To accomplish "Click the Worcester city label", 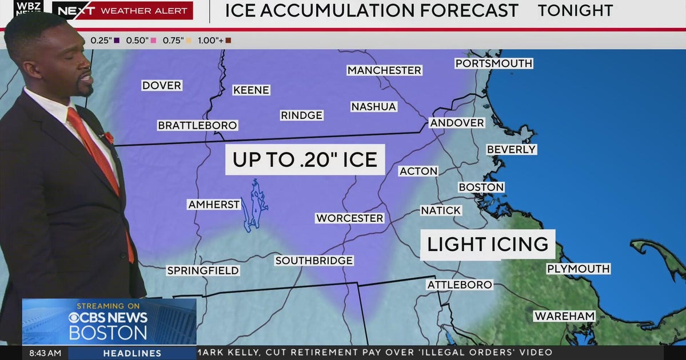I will [350, 218].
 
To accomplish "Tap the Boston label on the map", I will [481, 187].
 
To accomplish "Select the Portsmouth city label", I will [494, 63].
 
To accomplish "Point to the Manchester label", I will [384, 70].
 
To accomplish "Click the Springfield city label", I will [203, 270].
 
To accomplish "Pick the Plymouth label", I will [578, 269].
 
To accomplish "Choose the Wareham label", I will [564, 316].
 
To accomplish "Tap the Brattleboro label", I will [197, 125].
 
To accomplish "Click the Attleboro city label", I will [460, 285].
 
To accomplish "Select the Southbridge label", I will [314, 261].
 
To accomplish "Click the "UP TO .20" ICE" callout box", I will [305, 159].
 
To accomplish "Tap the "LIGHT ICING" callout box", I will [488, 245].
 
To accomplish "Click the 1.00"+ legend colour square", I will [228, 41].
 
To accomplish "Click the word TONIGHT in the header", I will [575, 10].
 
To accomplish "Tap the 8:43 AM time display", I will [41, 353].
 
